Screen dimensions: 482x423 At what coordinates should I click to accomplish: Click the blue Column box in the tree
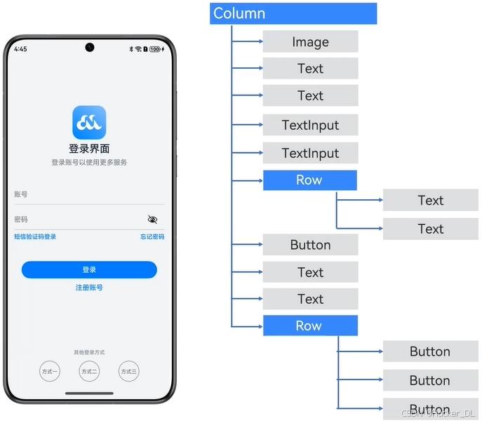pos(293,13)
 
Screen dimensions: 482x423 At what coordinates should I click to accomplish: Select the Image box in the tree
pos(310,42)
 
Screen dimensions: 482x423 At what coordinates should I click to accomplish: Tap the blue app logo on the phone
pos(89,123)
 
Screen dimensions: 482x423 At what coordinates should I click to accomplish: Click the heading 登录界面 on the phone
pos(89,149)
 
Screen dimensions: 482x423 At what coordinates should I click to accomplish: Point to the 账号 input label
pos(21,194)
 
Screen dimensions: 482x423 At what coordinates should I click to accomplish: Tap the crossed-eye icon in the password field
pos(153,220)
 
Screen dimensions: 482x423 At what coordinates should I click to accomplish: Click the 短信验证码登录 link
pos(35,237)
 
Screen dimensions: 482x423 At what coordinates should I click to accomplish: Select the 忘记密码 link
pos(152,237)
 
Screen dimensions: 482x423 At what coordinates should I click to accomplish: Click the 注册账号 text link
pos(89,288)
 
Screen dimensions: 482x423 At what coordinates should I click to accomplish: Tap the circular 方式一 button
pos(50,371)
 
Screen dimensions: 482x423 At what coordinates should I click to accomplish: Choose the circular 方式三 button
pos(128,371)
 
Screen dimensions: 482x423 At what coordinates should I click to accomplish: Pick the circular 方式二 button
pos(89,371)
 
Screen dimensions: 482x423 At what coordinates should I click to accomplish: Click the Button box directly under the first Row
pos(310,245)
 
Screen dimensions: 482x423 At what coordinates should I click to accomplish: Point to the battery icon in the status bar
pos(155,49)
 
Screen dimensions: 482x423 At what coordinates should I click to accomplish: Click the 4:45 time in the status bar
pos(20,49)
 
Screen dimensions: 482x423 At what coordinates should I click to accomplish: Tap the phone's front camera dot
pos(89,48)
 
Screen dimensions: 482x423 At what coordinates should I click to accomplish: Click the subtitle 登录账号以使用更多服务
pos(89,163)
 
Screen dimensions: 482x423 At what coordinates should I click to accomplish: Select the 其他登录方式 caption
pos(89,352)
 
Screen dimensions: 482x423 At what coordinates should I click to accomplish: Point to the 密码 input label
pos(21,220)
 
